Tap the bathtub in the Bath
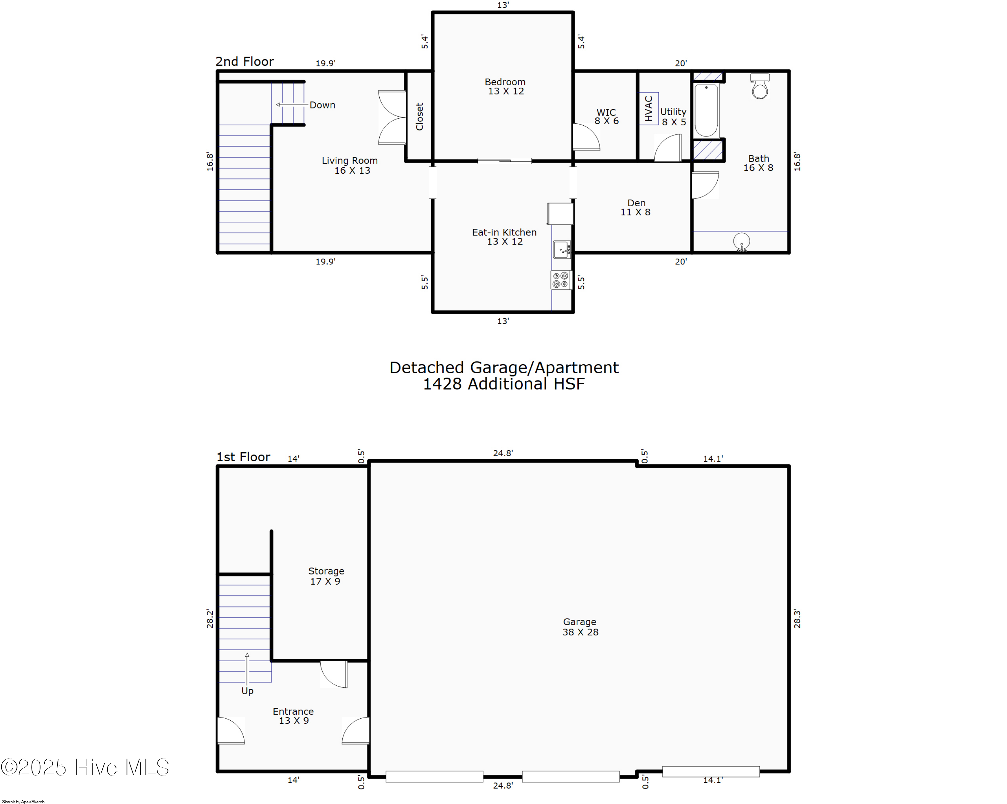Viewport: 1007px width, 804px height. coord(706,111)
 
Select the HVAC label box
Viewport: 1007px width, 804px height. coord(649,109)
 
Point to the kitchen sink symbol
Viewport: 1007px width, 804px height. coord(562,250)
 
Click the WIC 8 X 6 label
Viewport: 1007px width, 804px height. coord(606,116)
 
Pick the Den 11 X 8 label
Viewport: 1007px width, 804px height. coord(636,207)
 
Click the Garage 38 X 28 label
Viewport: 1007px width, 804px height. coord(580,626)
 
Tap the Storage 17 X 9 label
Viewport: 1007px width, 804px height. coord(326,576)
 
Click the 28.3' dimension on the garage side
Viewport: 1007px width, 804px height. coord(797,619)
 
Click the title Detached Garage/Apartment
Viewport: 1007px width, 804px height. coord(503,368)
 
